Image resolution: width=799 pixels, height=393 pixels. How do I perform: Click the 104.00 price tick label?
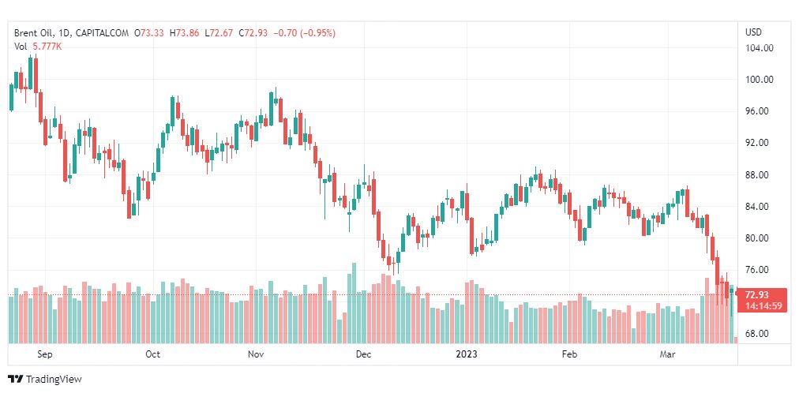[x=759, y=48]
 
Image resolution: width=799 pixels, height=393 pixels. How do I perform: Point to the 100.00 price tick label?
[x=759, y=80]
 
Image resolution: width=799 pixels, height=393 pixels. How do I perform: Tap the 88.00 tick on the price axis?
[x=759, y=174]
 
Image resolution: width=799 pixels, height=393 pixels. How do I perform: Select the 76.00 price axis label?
[x=759, y=269]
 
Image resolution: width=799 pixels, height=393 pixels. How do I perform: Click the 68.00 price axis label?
[x=759, y=333]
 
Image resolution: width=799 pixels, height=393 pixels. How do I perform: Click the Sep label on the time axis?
[x=44, y=354]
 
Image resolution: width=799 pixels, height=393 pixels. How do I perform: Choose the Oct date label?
[x=152, y=354]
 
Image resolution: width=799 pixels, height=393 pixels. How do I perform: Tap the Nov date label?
[x=255, y=354]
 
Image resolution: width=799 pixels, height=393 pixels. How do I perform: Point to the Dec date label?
[x=362, y=354]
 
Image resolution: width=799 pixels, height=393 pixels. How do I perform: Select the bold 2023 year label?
[x=467, y=354]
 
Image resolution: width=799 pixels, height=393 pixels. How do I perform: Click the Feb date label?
[x=569, y=354]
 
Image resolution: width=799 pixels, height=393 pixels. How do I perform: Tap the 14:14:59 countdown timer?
[x=763, y=306]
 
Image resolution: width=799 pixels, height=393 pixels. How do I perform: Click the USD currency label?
[x=753, y=32]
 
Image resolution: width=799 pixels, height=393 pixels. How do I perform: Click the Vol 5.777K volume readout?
[x=38, y=47]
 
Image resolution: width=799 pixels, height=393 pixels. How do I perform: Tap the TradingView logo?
[x=45, y=380]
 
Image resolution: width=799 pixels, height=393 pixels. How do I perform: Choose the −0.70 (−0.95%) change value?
[x=304, y=33]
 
